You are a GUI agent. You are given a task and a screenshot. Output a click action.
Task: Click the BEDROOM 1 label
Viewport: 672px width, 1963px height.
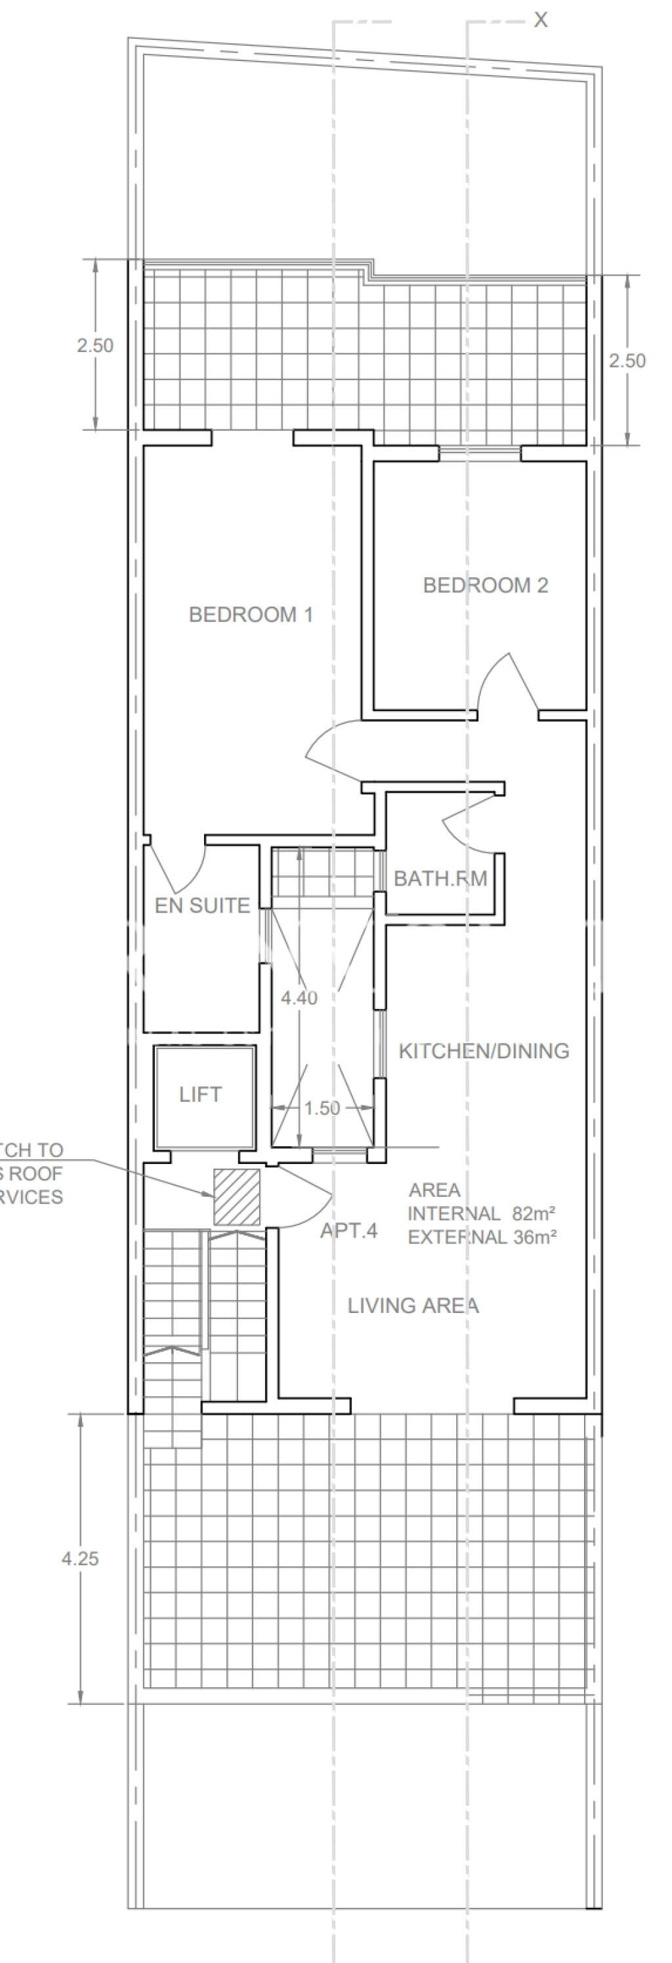point(251,615)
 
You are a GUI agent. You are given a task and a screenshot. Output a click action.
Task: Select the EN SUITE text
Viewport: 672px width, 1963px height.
point(202,905)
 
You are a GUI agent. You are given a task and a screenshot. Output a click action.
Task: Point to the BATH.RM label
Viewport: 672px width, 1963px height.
point(440,878)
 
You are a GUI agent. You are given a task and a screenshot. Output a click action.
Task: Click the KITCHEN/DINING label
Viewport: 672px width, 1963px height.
point(484,1051)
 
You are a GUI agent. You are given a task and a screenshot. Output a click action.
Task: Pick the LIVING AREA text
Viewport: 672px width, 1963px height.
point(413,1305)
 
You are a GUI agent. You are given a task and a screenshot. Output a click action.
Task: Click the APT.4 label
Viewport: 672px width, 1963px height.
point(348,1231)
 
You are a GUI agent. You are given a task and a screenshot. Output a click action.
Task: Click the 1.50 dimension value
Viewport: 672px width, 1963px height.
point(322,1108)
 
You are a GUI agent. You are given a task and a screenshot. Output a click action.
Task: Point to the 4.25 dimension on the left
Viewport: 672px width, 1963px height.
point(80,1559)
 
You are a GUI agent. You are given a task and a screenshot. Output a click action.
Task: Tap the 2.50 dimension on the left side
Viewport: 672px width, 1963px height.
point(94,345)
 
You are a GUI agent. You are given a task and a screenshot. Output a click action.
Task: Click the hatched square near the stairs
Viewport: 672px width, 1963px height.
point(236,1196)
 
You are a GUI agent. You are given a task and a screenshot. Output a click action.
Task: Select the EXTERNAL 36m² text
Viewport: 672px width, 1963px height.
point(482,1237)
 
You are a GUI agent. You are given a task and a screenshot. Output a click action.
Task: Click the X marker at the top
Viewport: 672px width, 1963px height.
point(540,20)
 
